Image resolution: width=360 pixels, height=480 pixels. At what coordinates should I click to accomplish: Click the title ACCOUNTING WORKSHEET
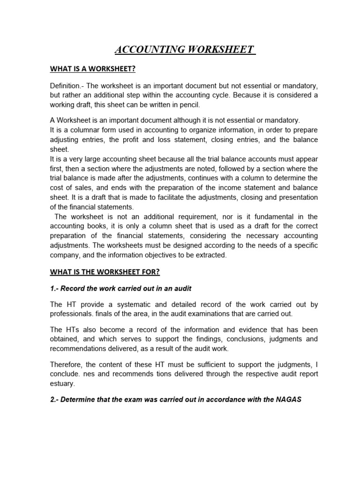click(185, 50)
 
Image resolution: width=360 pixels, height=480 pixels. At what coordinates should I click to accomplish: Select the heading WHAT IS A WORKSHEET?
click(92, 69)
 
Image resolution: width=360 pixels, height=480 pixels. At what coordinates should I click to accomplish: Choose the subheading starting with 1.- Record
click(121, 289)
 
